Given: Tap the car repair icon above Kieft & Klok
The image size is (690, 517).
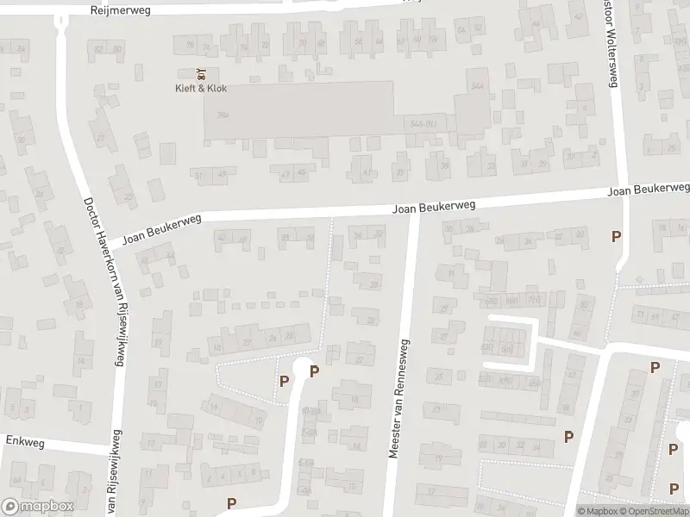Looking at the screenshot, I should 200,73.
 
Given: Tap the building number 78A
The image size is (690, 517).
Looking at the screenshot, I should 223,115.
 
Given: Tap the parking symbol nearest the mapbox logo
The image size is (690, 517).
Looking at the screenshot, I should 231,503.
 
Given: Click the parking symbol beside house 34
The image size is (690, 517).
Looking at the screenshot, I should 568,436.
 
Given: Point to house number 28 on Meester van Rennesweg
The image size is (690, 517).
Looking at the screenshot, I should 373,284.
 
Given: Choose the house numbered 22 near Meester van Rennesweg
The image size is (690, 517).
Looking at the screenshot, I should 360,359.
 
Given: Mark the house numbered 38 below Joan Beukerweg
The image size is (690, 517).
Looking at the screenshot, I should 285,238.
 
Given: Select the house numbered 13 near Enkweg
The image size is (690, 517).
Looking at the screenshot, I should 152,443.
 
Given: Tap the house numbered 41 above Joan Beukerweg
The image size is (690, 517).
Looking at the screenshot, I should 367,171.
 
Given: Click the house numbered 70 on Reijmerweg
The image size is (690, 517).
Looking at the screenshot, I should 301,42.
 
